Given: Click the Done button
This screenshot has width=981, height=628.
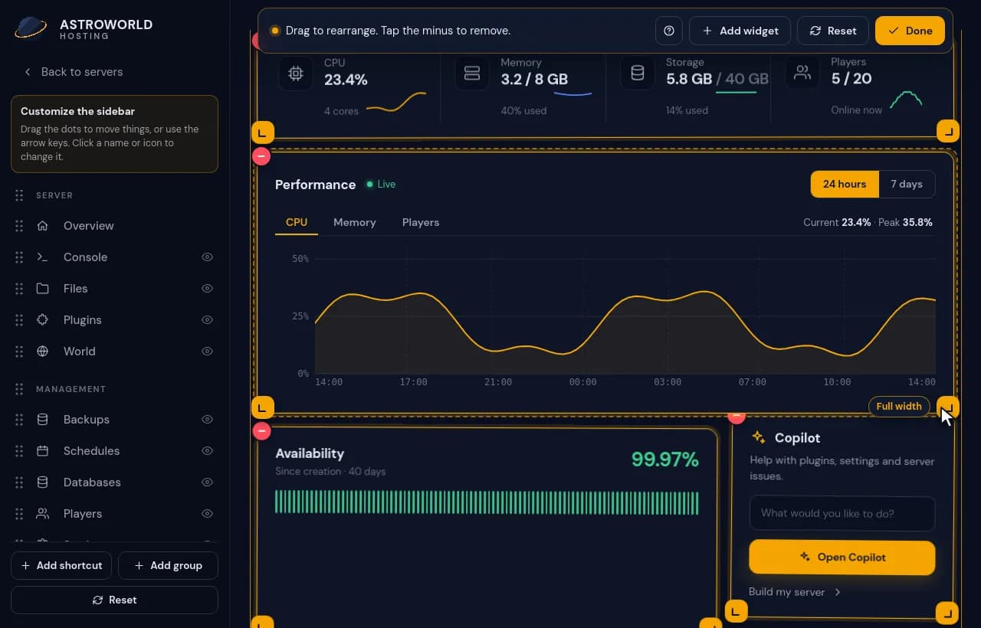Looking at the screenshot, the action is click(x=910, y=31).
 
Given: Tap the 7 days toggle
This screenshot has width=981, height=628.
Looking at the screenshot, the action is click(x=907, y=184).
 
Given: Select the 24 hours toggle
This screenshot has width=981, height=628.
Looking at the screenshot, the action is click(x=845, y=184).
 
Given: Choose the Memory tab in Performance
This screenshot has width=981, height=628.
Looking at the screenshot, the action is click(x=355, y=222).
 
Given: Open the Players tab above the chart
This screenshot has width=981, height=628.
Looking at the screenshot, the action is click(x=421, y=222).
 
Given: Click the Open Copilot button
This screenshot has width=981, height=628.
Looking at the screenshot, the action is click(x=842, y=557).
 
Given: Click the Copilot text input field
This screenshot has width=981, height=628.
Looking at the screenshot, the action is click(x=842, y=513).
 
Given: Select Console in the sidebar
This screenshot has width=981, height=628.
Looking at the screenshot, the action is click(x=85, y=257).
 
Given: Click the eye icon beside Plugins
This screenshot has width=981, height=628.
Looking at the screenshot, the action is click(x=207, y=320).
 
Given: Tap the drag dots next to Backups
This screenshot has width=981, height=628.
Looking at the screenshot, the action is click(x=19, y=419).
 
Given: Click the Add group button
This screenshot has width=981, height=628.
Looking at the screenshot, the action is click(x=168, y=565).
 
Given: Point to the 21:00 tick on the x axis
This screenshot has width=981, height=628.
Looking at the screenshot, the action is click(x=498, y=382).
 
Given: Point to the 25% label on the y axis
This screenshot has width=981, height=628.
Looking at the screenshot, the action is click(x=300, y=316).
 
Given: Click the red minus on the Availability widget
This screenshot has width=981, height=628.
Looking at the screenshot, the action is click(x=261, y=431).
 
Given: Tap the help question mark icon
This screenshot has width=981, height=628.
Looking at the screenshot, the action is click(x=669, y=31).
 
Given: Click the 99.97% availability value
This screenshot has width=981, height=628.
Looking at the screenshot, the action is click(x=664, y=460).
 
